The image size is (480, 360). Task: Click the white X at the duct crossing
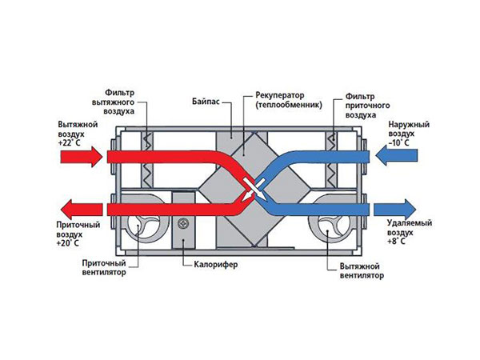pyautogui.click(x=254, y=189)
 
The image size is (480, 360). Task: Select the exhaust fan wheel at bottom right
pyautogui.click(x=334, y=226)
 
